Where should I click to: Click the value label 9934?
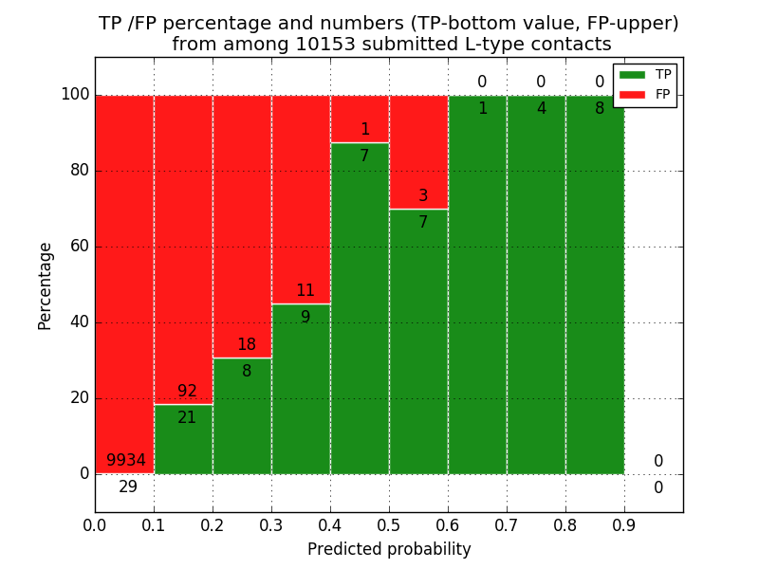[x=126, y=461]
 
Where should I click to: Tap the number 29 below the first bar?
[x=128, y=487]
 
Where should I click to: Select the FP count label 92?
[x=187, y=392]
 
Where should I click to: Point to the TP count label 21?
[x=187, y=418]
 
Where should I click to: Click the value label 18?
[x=247, y=345]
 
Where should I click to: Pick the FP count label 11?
[x=305, y=291]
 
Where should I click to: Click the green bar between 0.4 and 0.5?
[x=360, y=313]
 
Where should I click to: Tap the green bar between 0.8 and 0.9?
[x=595, y=284]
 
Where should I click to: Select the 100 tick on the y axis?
[x=75, y=95]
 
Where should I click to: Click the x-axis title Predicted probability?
[x=389, y=550]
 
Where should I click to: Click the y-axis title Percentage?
[x=45, y=285]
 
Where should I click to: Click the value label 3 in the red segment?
[x=423, y=196]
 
